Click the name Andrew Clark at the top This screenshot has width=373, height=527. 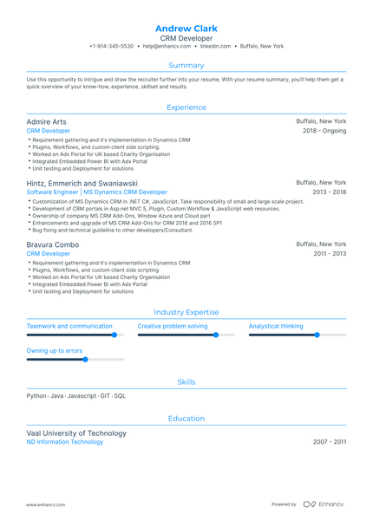pyautogui.click(x=186, y=29)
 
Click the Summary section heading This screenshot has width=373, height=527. pyautogui.click(x=186, y=65)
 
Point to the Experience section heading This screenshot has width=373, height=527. pyautogui.click(x=186, y=107)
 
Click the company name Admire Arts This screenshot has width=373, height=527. pyautogui.click(x=46, y=122)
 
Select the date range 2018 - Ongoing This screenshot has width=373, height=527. pyautogui.click(x=324, y=131)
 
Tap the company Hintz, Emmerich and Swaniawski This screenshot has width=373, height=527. pyautogui.click(x=82, y=184)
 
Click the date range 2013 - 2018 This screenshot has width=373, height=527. pyautogui.click(x=329, y=192)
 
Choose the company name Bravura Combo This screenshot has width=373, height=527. pyautogui.click(x=53, y=245)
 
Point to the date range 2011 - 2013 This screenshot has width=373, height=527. pyautogui.click(x=329, y=254)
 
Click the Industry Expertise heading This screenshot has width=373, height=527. pyautogui.click(x=186, y=312)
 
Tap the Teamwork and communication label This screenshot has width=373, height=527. pyautogui.click(x=69, y=327)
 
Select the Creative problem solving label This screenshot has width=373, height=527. pyautogui.click(x=173, y=327)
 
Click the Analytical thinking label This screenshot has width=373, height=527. pyautogui.click(x=276, y=327)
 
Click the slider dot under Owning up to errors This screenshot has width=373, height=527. pyautogui.click(x=85, y=359)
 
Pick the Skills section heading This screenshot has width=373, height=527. pyautogui.click(x=186, y=381)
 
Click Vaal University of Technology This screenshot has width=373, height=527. pyautogui.click(x=76, y=433)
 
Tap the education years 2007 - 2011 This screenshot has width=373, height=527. pyautogui.click(x=330, y=442)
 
